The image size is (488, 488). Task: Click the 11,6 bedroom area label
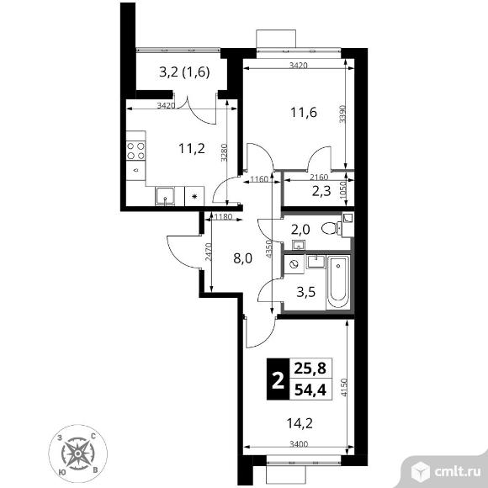pyautogui.click(x=304, y=113)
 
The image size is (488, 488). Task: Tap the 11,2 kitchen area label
pyautogui.click(x=192, y=148)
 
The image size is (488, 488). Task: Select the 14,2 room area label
pyautogui.click(x=300, y=423)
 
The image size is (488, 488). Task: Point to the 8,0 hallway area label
pyautogui.click(x=243, y=258)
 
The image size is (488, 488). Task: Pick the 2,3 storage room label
pyautogui.click(x=321, y=191)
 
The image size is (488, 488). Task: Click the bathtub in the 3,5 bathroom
pyautogui.click(x=337, y=282)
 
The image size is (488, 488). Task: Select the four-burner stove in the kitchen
pyautogui.click(x=136, y=151)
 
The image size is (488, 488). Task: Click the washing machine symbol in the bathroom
pyautogui.click(x=294, y=264)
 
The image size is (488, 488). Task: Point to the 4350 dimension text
pyautogui.click(x=269, y=249)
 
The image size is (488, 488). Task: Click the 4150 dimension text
pyautogui.click(x=343, y=387)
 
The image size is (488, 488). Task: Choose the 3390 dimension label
pyautogui.click(x=342, y=114)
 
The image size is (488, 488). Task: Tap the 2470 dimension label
pyautogui.click(x=208, y=252)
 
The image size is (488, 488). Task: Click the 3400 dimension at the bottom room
pyautogui.click(x=299, y=443)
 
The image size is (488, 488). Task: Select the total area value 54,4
pyautogui.click(x=310, y=390)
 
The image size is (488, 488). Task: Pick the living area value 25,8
pyautogui.click(x=310, y=369)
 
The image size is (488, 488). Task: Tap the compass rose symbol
pyautogui.click(x=77, y=454)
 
